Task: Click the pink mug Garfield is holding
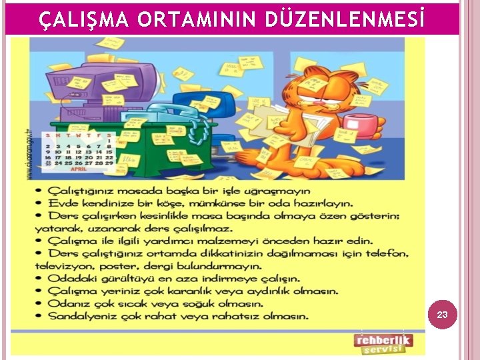(361, 126)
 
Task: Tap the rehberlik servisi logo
(383, 343)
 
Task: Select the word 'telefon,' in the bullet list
(385, 253)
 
